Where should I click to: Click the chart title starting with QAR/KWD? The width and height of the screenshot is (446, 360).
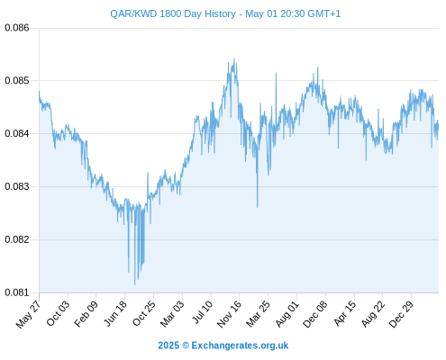[225, 13]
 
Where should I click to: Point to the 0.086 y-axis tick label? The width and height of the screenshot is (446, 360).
[17, 28]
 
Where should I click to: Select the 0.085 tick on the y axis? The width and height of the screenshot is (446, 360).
[17, 81]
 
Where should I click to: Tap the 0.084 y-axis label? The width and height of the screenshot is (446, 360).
[17, 133]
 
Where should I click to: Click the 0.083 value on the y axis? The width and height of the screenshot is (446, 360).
[17, 186]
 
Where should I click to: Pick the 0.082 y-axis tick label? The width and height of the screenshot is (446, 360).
[17, 239]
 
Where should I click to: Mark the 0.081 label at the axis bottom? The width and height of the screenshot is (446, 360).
[17, 292]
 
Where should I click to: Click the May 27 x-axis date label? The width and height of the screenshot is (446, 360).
[28, 315]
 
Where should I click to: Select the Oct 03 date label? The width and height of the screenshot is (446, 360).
[58, 313]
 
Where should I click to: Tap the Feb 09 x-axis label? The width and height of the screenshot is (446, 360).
[86, 314]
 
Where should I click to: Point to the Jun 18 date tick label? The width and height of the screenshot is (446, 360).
[115, 314]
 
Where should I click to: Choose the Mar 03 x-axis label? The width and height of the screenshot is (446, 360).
[172, 314]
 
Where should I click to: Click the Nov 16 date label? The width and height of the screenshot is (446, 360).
[229, 314]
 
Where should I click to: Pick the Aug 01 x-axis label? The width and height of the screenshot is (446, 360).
[287, 314]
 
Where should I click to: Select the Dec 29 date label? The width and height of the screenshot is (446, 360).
[401, 314]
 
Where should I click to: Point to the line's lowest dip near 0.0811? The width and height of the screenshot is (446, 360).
[134, 284]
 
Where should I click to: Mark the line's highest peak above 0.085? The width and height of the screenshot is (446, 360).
[234, 59]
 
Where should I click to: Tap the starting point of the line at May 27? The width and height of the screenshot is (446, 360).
[39, 92]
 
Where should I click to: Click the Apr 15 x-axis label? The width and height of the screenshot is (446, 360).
[344, 313]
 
